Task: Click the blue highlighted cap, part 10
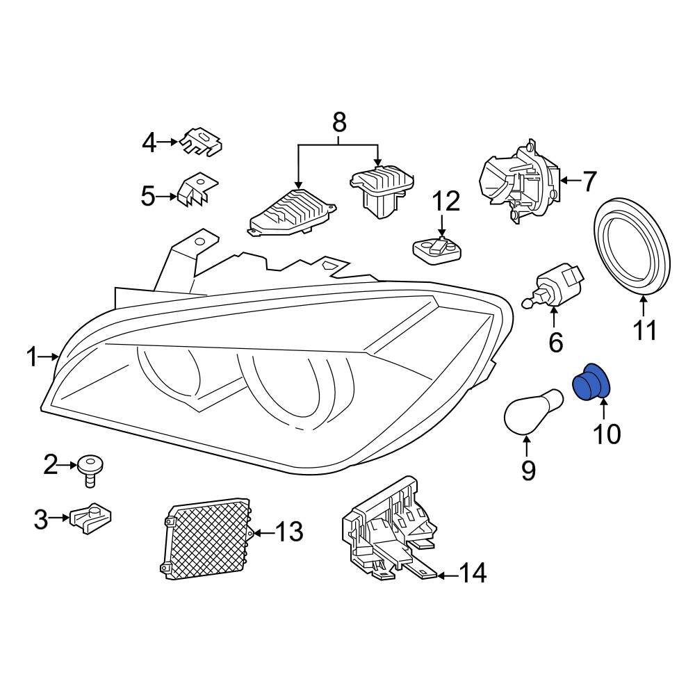[590, 384]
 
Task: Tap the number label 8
[338, 123]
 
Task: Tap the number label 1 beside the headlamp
[31, 357]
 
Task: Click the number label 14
[472, 574]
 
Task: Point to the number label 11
[644, 332]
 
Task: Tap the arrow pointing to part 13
[261, 533]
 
